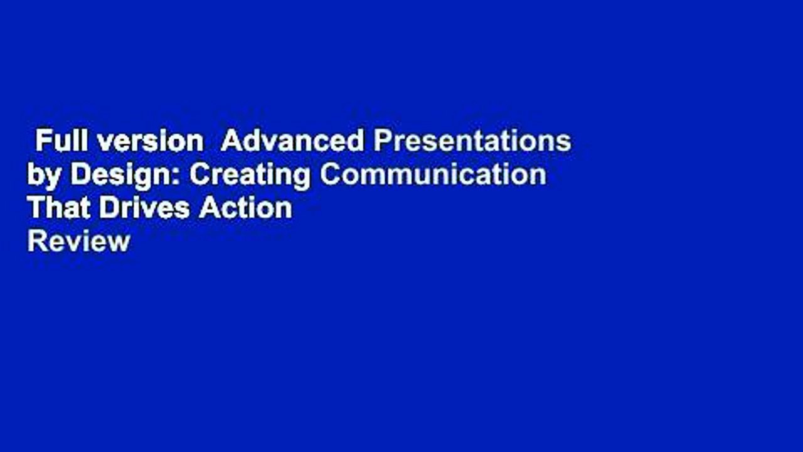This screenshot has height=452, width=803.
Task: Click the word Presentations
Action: pyautogui.click(x=472, y=142)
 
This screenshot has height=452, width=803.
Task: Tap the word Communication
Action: pyautogui.click(x=433, y=175)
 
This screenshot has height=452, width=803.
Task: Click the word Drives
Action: pyautogui.click(x=139, y=207)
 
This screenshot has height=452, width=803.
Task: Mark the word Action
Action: pyautogui.click(x=246, y=207)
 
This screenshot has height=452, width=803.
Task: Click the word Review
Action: pyautogui.click(x=78, y=240)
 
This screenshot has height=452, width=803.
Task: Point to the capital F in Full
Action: pyautogui.click(x=41, y=142)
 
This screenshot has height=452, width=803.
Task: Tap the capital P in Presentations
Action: pyautogui.click(x=381, y=142)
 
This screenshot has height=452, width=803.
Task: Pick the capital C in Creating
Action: pyautogui.click(x=199, y=175)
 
